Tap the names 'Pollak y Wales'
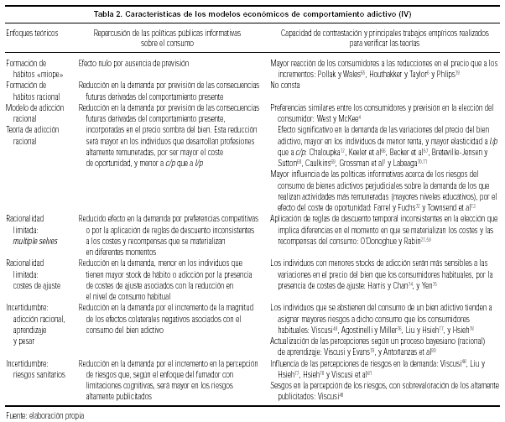(340, 74)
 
